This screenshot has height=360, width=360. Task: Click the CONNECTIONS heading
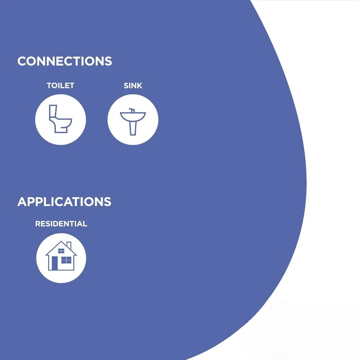point(64,61)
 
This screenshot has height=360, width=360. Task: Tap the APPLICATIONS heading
point(64,202)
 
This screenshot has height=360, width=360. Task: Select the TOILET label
point(60,85)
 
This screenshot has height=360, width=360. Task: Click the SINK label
point(133,85)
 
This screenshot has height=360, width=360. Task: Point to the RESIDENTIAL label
point(61,224)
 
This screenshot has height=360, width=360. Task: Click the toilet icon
point(60,119)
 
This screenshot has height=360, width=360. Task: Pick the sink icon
point(133,121)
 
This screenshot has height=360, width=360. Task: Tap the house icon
point(61,256)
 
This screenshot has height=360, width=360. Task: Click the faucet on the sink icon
point(132,110)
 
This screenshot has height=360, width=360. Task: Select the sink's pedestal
point(133,128)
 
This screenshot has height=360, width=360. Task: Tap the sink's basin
point(133,117)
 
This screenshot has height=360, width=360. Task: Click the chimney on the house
point(69,246)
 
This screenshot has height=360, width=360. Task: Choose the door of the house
point(54,263)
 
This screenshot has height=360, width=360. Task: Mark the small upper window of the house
point(61,251)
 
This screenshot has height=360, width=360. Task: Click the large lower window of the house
point(66,261)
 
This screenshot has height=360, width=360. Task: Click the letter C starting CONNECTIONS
point(22,61)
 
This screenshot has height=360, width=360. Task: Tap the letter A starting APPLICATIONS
point(22,202)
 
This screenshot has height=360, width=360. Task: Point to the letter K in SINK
point(139,85)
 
